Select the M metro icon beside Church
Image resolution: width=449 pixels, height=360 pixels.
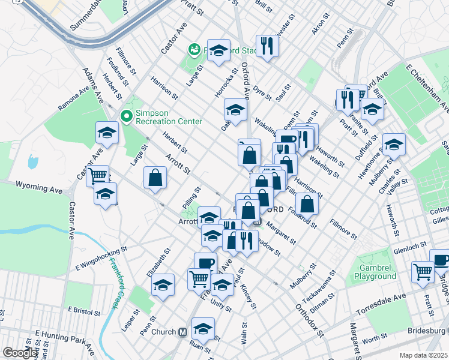pos(189,332)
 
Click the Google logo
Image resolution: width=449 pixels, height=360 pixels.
pos(20,353)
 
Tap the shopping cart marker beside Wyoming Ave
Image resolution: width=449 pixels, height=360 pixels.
pos(97,176)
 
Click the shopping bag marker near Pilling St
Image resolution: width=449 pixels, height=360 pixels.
pos(155,178)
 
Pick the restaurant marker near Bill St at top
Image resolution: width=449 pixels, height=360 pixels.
pos(265,46)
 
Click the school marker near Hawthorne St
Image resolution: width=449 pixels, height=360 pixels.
pos(394,144)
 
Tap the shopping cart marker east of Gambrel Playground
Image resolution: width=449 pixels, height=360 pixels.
pos(423,272)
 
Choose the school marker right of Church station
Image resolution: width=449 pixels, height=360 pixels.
pos(203,328)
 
